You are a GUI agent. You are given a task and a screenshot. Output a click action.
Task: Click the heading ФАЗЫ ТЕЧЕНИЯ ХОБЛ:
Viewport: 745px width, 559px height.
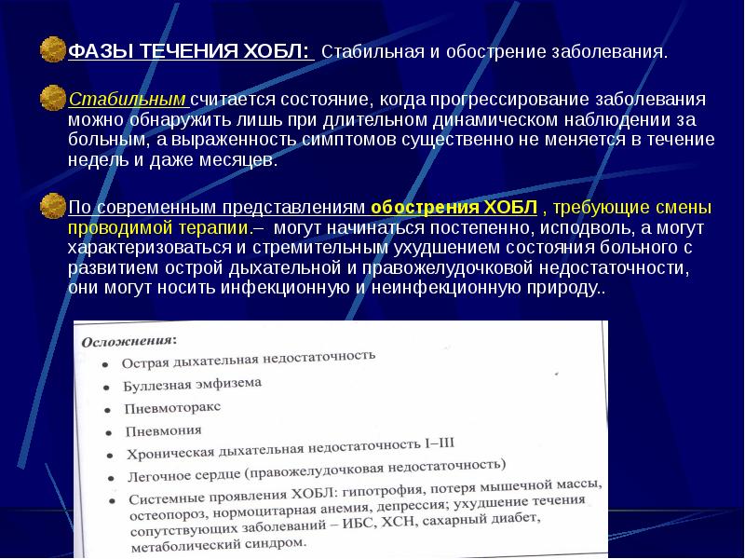coord(189,50)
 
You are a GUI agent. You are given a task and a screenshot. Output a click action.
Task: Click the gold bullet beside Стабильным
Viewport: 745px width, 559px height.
coord(52,98)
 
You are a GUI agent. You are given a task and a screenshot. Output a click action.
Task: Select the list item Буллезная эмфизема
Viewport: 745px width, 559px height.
coord(192,384)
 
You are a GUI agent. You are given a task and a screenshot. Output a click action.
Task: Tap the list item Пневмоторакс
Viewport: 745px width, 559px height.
coord(172,408)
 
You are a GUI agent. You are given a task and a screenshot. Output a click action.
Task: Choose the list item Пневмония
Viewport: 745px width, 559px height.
coord(162,431)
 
